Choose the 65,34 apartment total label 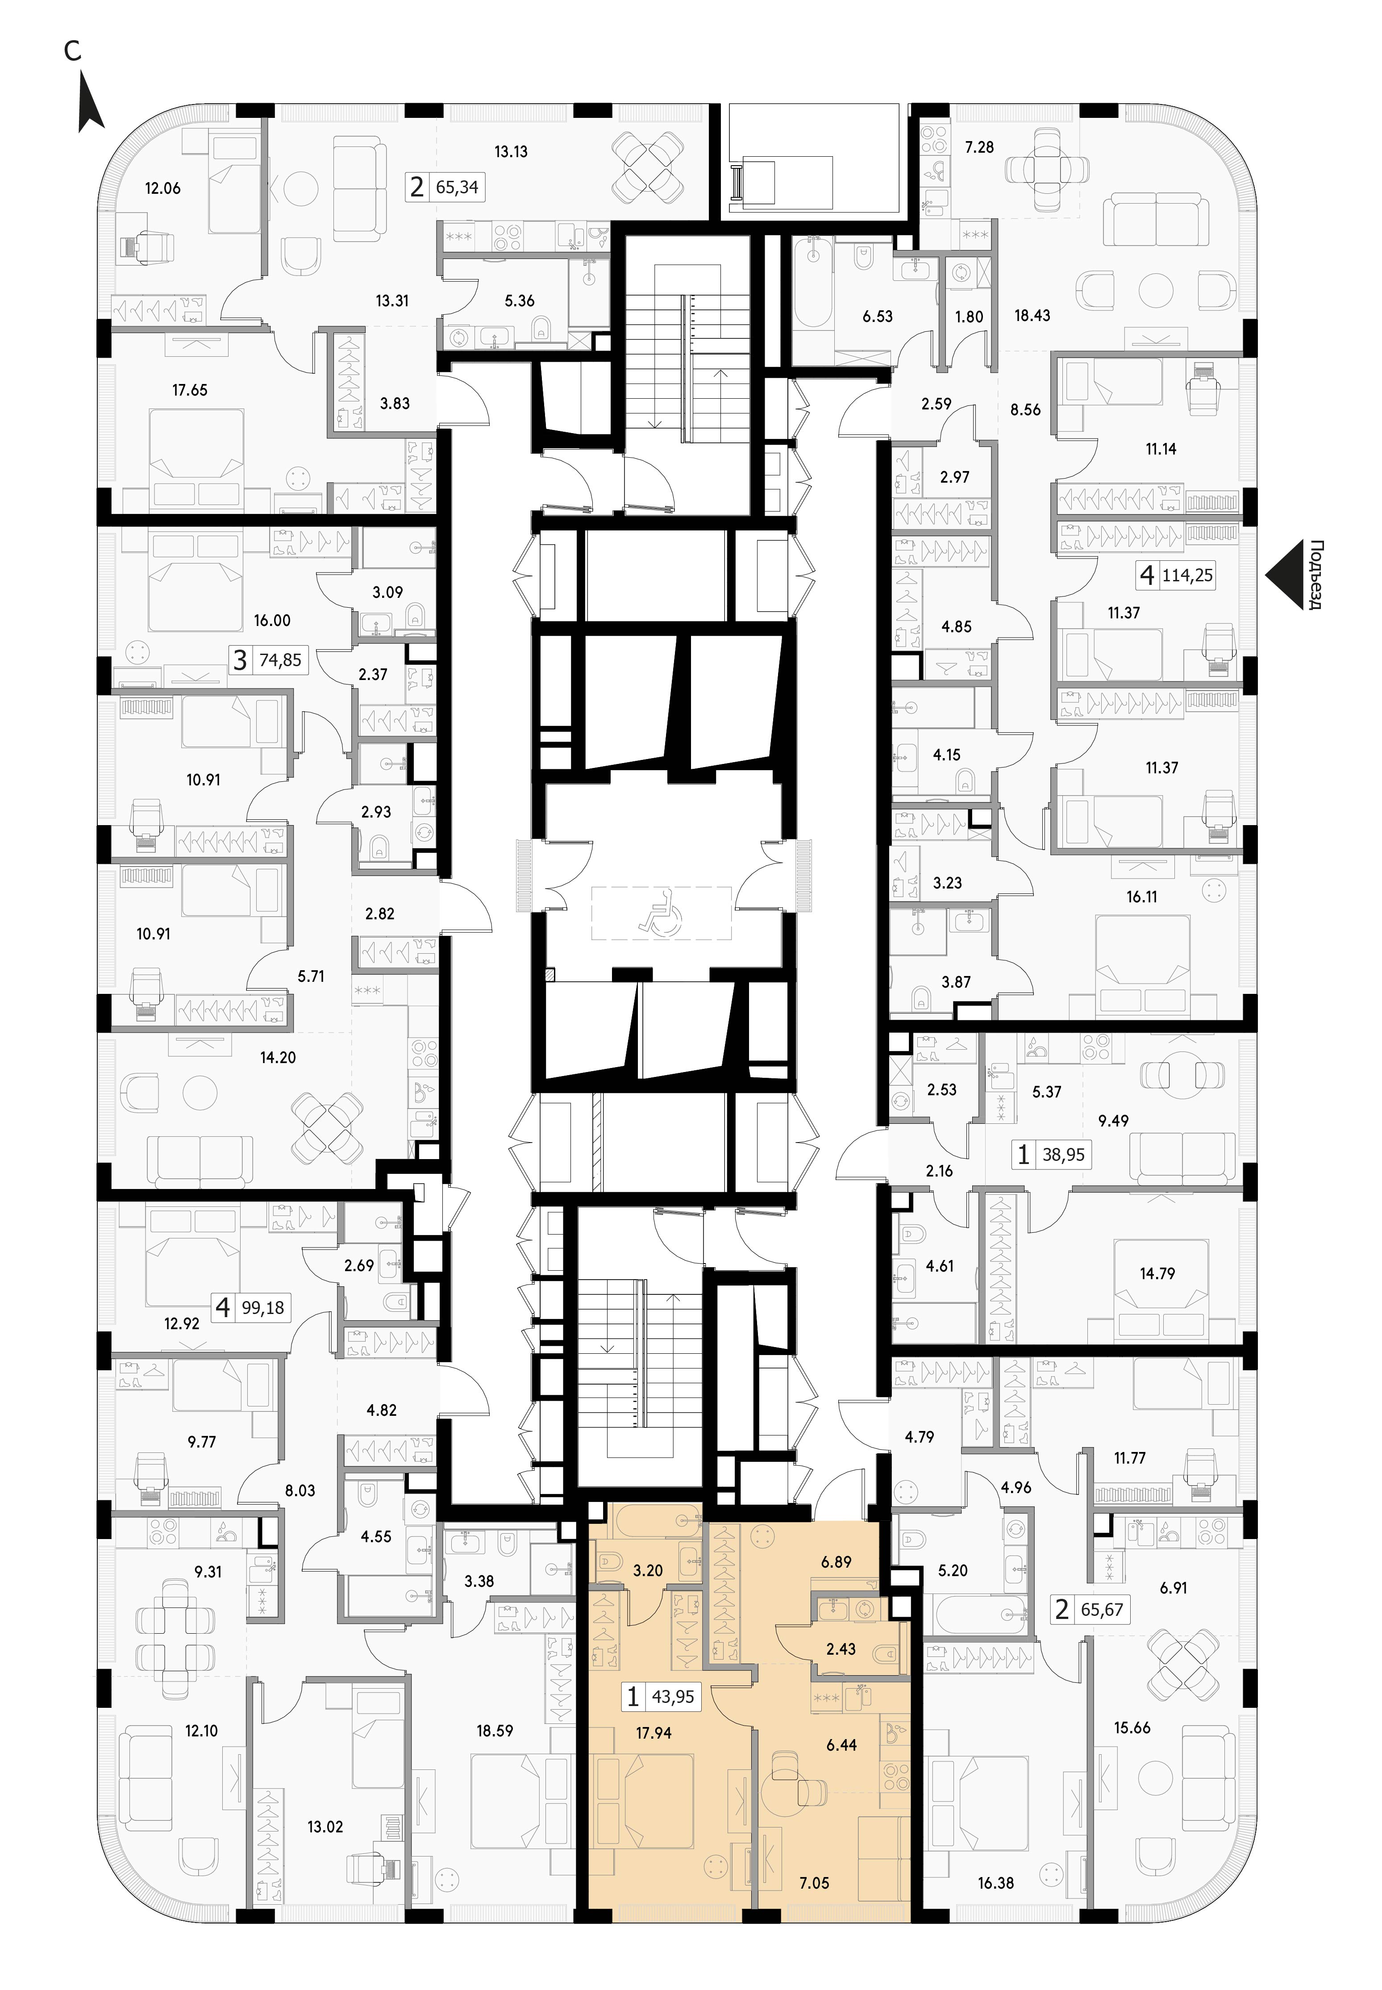[x=457, y=187]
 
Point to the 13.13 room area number [x=511, y=151]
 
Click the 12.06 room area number [x=163, y=188]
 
